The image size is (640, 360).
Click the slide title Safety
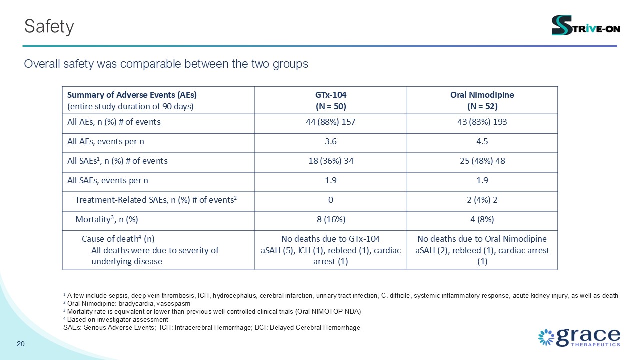point(49,27)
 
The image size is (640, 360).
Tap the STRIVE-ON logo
point(586,25)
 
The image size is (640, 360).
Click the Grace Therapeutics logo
point(579,337)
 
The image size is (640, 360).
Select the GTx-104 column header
point(331,100)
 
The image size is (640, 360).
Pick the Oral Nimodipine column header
point(482,100)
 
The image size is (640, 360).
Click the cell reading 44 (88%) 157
point(331,122)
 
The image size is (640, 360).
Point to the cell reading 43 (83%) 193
point(482,122)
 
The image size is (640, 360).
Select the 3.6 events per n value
point(331,141)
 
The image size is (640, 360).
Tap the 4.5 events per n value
point(482,141)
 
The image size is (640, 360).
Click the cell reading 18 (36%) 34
point(331,161)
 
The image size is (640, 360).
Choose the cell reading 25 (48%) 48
point(482,161)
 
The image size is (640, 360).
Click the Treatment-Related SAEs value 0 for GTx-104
point(331,200)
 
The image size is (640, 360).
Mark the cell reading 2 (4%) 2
point(482,200)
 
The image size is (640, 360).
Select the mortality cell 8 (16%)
point(331,219)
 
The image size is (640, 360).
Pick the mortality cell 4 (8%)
point(482,219)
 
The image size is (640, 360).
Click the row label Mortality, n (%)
point(107,219)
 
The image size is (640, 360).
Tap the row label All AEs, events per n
point(105,141)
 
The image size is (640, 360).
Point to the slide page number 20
point(21,344)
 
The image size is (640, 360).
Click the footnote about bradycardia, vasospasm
point(127,303)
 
